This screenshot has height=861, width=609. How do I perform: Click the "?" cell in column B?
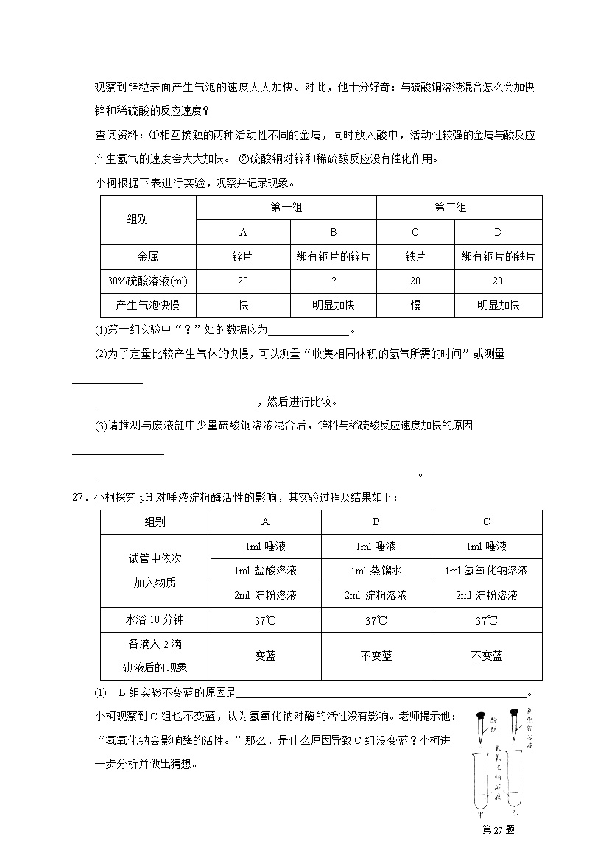pyautogui.click(x=333, y=281)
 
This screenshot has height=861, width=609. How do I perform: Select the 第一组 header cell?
pyautogui.click(x=286, y=208)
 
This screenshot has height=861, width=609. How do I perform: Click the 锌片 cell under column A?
pyautogui.click(x=243, y=256)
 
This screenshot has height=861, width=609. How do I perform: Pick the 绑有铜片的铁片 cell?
pyautogui.click(x=498, y=256)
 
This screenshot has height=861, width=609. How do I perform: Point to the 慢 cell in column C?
pyautogui.click(x=415, y=306)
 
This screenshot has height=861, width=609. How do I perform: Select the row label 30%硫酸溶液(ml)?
pyautogui.click(x=148, y=281)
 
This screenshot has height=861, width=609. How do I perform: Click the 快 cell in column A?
pyautogui.click(x=243, y=306)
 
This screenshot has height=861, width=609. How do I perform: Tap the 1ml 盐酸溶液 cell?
pyautogui.click(x=265, y=571)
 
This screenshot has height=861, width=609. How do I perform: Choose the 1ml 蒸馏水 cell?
pyautogui.click(x=376, y=571)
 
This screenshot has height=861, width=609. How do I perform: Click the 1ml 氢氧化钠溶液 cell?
pyautogui.click(x=486, y=571)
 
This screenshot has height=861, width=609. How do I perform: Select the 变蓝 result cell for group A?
pyautogui.click(x=265, y=656)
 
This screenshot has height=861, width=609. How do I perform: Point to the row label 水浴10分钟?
pyautogui.click(x=155, y=620)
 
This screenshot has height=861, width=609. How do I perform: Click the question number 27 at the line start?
pyautogui.click(x=80, y=497)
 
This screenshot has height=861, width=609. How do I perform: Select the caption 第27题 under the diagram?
pyautogui.click(x=498, y=829)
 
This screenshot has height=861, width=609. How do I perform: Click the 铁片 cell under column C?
pyautogui.click(x=415, y=256)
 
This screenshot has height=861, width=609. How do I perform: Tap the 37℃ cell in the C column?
pyautogui.click(x=486, y=620)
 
